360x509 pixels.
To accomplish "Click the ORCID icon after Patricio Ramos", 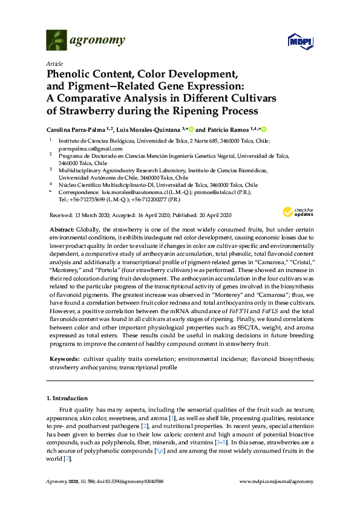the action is [x=264, y=129].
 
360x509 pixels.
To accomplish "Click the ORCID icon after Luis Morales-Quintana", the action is [x=191, y=129].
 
